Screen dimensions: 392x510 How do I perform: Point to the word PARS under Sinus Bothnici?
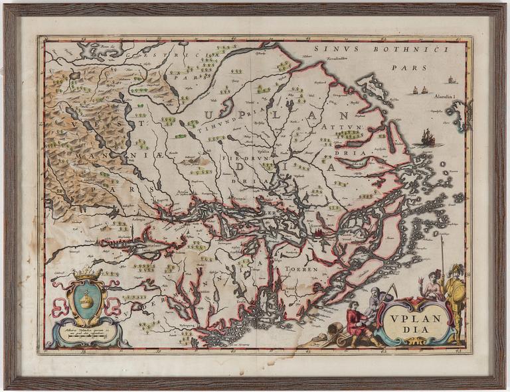click(406, 67)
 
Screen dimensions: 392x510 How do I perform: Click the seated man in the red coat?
click(357, 322)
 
